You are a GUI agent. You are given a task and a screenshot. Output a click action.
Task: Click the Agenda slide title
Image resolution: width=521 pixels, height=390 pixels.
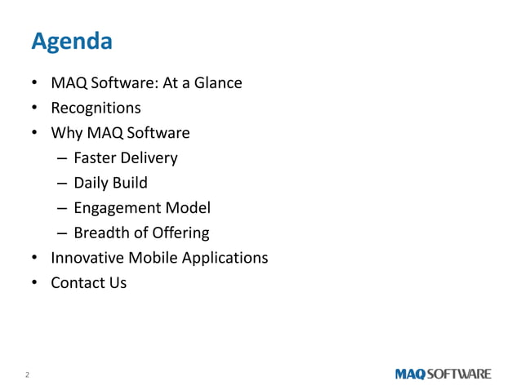pyautogui.click(x=71, y=40)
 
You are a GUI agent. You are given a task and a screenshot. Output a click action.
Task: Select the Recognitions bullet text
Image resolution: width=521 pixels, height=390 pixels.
pyautogui.click(x=96, y=108)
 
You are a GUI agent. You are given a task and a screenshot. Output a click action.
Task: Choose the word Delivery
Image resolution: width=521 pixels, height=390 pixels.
pyautogui.click(x=150, y=157)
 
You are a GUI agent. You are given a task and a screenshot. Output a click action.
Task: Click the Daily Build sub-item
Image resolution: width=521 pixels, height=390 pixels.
pyautogui.click(x=110, y=183)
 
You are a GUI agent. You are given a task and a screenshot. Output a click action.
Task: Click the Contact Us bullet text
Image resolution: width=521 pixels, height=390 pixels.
pyautogui.click(x=88, y=283)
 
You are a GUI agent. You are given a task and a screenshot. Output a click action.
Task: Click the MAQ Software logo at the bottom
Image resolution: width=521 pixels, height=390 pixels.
pyautogui.click(x=443, y=374)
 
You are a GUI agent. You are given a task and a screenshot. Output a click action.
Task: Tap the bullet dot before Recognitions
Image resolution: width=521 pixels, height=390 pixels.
pyautogui.click(x=34, y=109)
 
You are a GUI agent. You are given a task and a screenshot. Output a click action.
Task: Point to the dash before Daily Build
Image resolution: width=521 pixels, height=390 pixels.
pyautogui.click(x=61, y=184)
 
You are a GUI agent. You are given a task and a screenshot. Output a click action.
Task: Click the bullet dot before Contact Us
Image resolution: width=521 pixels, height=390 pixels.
pyautogui.click(x=34, y=284)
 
